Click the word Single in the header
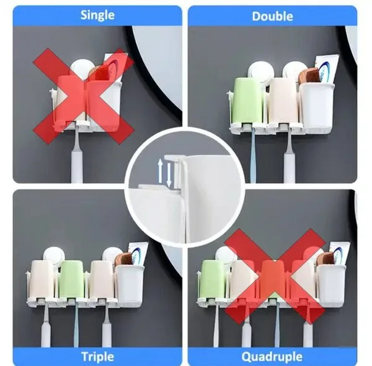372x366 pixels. (x=97, y=16)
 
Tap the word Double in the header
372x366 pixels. (x=272, y=17)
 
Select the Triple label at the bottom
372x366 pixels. (x=97, y=357)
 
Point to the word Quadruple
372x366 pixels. (x=272, y=357)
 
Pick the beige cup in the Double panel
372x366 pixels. (x=282, y=102)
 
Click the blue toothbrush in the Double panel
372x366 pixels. (x=253, y=154)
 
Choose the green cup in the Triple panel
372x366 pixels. (x=71, y=280)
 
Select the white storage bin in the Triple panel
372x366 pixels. (x=130, y=285)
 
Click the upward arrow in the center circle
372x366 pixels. (x=161, y=171)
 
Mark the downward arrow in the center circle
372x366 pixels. (x=169, y=175)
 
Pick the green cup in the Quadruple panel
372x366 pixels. (x=213, y=280)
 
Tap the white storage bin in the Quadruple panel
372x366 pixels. (x=331, y=285)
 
